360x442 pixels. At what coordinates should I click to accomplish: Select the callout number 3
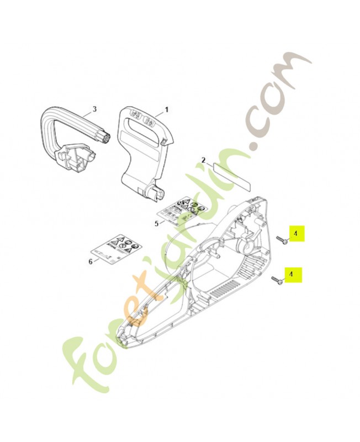[x=94, y=109]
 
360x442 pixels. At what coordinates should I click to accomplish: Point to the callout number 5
[x=156, y=223]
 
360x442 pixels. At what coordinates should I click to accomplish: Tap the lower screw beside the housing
[x=277, y=281]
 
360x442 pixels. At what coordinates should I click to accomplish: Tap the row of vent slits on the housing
[x=226, y=287]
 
